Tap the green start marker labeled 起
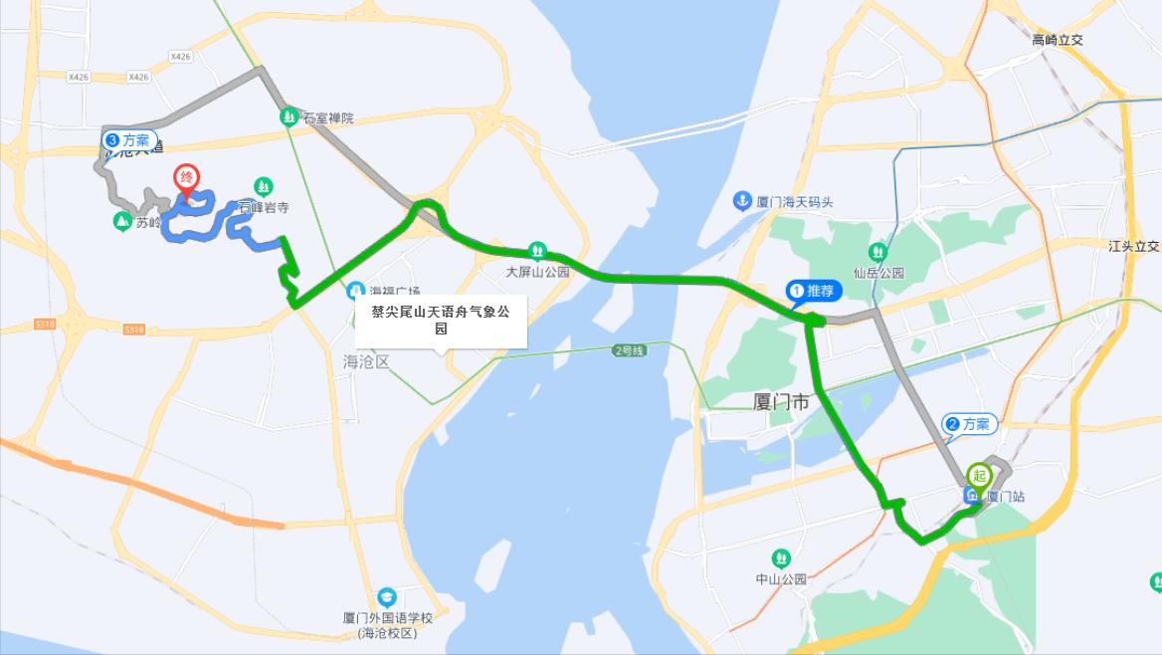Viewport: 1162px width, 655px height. (x=979, y=476)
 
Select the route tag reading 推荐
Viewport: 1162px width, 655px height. (x=814, y=291)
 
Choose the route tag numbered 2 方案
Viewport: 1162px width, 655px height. (x=968, y=424)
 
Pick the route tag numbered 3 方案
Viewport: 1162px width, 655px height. (x=129, y=140)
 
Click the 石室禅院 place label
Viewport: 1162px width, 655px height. (x=327, y=117)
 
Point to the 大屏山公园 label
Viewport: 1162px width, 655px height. (x=537, y=271)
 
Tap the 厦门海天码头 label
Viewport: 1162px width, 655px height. (x=794, y=202)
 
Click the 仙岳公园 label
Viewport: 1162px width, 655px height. (x=877, y=272)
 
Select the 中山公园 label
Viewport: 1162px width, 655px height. (x=781, y=579)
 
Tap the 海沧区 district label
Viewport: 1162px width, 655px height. (x=365, y=362)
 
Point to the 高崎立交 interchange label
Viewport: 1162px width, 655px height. (x=1057, y=40)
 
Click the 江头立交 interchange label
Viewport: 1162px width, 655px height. (x=1134, y=246)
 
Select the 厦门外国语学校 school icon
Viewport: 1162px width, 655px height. (x=387, y=596)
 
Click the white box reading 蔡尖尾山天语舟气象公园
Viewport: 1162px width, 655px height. (x=440, y=321)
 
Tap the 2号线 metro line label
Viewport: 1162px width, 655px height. (x=629, y=350)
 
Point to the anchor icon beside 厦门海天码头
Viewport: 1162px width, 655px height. (x=741, y=201)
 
